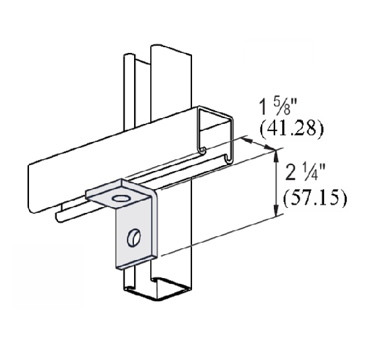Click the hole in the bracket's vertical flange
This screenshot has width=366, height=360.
pyautogui.click(x=133, y=235)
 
